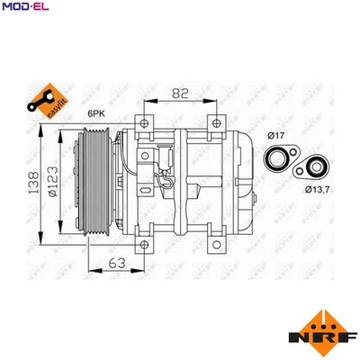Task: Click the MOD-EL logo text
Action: tap(24, 8)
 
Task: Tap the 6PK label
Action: tap(96, 114)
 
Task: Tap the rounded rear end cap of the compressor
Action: tap(241, 180)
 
